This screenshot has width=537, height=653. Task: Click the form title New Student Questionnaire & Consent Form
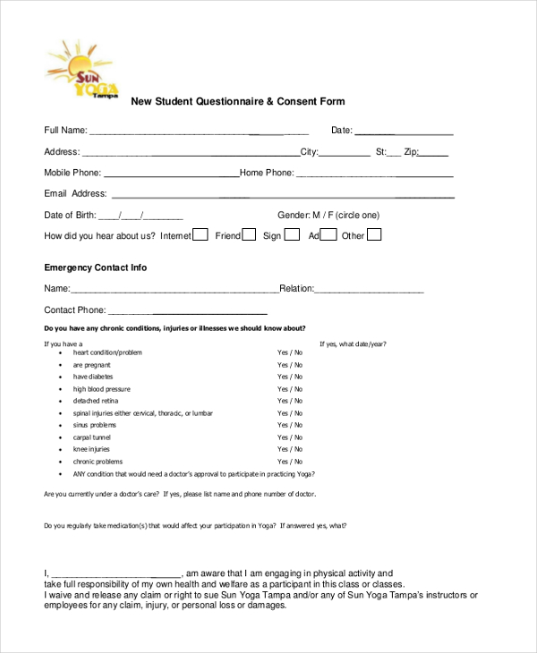pos(238,102)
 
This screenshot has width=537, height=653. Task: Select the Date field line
pos(404,133)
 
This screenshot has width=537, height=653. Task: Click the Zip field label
pos(411,152)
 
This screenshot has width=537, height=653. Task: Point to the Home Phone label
pos(266,173)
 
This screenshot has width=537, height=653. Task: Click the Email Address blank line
pos(282,196)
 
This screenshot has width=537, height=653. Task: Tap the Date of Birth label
pos(70,215)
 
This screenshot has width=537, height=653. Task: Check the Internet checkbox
pos(200,235)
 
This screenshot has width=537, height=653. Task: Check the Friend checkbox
pos(249,235)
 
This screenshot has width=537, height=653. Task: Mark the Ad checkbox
pos(328,235)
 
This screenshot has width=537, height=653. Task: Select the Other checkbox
pos(374,235)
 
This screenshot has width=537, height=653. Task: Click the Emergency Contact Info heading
pos(96,267)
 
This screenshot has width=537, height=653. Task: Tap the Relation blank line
pos(369,292)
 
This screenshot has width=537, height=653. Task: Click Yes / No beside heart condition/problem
pos(289,352)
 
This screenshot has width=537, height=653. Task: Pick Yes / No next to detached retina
pos(289,402)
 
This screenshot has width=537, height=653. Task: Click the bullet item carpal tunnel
pos(93,437)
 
